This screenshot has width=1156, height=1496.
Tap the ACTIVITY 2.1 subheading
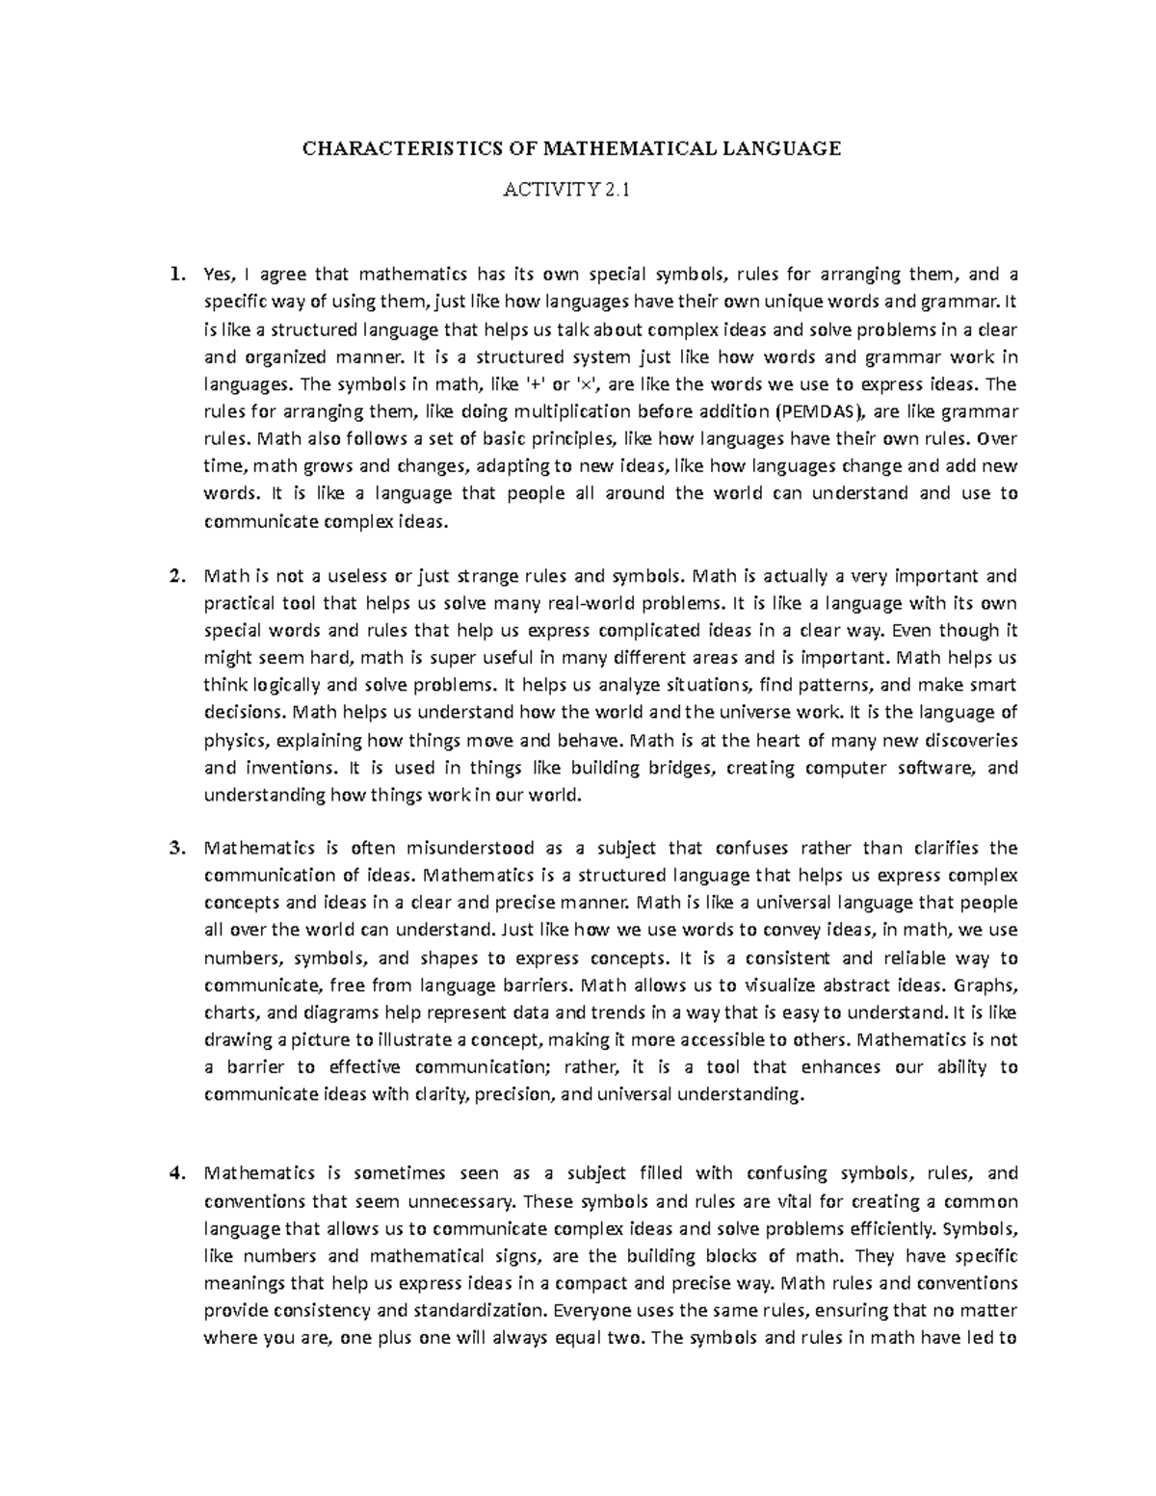pos(571,191)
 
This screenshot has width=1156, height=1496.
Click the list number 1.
pos(175,275)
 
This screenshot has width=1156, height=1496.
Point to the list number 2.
pos(175,577)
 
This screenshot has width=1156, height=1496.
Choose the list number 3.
pos(175,849)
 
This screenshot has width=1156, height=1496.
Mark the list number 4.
pos(175,1173)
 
